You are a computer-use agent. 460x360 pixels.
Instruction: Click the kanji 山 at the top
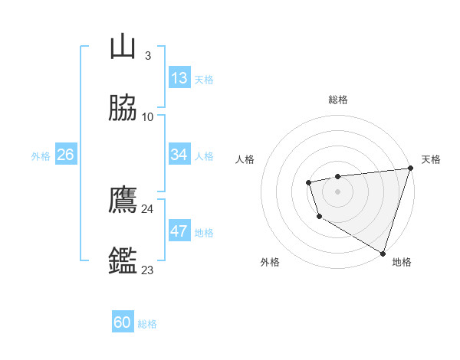(123, 47)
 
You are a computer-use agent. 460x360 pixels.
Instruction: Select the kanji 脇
(123, 109)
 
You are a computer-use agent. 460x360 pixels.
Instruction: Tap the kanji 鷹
(123, 201)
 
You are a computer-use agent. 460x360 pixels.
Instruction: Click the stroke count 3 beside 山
(147, 56)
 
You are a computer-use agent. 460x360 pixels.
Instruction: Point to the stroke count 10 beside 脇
(147, 117)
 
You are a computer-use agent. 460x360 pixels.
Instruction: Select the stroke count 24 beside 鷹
(147, 209)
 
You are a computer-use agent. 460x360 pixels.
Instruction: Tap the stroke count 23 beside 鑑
(147, 270)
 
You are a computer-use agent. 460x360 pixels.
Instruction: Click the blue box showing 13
(179, 78)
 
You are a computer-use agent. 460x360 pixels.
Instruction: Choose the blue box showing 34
(179, 155)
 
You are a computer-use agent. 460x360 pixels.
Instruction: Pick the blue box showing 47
(179, 231)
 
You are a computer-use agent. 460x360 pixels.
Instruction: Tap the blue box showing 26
(65, 155)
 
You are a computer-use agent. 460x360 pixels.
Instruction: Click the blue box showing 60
(123, 322)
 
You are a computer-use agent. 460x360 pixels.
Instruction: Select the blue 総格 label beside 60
(147, 324)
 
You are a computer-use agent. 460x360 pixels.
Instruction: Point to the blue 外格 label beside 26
(41, 156)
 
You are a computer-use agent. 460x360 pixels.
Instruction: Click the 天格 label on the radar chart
(431, 159)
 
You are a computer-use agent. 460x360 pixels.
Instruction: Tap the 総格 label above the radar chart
(338, 100)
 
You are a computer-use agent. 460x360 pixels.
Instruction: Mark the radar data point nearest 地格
(383, 252)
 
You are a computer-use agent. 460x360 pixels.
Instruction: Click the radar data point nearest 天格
(410, 168)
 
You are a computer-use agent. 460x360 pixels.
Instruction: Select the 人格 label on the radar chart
(245, 159)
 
